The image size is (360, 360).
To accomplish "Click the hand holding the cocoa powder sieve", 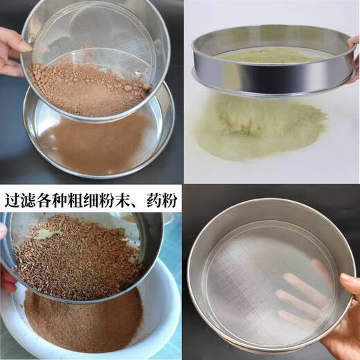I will click(x=12, y=52).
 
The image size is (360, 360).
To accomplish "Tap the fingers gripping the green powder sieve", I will click(x=353, y=52).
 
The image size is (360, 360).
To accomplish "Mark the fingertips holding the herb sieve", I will click(x=6, y=277).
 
